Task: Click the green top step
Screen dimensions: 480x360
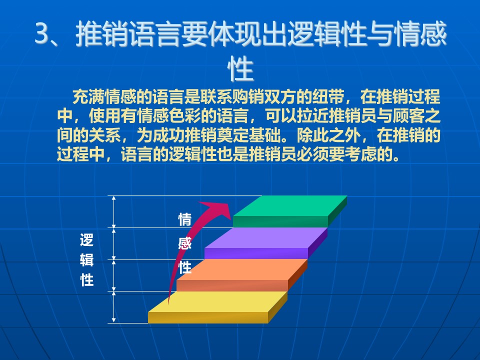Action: pyautogui.click(x=290, y=210)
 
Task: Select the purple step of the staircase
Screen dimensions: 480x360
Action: pyautogui.click(x=266, y=243)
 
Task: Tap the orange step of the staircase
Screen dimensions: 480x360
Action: pyautogui.click(x=242, y=275)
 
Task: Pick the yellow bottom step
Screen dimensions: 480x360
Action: pyautogui.click(x=217, y=307)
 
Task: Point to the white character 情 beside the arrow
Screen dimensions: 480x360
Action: pyautogui.click(x=185, y=220)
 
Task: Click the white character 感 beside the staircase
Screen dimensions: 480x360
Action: pyautogui.click(x=185, y=243)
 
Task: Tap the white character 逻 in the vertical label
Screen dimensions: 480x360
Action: pyautogui.click(x=86, y=240)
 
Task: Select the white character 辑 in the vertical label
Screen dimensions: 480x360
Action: pyautogui.click(x=86, y=260)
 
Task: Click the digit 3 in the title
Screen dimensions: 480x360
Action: pyautogui.click(x=42, y=33)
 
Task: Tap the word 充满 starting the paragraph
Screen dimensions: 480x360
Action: pyautogui.click(x=88, y=97)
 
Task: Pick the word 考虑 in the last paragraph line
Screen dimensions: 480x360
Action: pyautogui.click(x=360, y=154)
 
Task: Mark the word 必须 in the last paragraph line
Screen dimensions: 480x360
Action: pyautogui.click(x=312, y=154)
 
